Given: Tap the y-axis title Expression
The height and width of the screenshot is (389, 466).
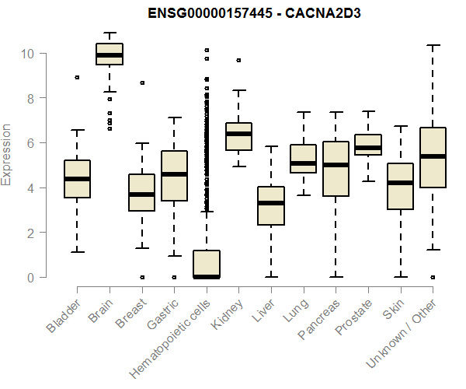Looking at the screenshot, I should pyautogui.click(x=7, y=154).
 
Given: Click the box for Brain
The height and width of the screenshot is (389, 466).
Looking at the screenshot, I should pyautogui.click(x=110, y=54).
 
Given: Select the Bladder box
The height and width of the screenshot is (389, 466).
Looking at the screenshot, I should pyautogui.click(x=77, y=179).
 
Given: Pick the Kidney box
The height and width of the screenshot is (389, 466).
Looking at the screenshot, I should pyautogui.click(x=238, y=136).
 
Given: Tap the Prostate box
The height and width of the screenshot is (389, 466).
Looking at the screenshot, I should pyautogui.click(x=368, y=145).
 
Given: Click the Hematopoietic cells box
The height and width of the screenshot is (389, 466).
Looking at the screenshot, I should pyautogui.click(x=207, y=264).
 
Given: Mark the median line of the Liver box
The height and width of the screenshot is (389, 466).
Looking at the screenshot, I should pyautogui.click(x=271, y=203).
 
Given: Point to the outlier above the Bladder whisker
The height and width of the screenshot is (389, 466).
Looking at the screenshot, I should pyautogui.click(x=77, y=77).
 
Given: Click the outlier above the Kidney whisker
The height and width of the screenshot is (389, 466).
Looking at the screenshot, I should pyautogui.click(x=238, y=60).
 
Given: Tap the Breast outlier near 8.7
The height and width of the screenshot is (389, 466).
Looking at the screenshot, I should pyautogui.click(x=141, y=82).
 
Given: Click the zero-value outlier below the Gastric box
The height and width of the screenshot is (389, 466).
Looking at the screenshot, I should pyautogui.click(x=174, y=277).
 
